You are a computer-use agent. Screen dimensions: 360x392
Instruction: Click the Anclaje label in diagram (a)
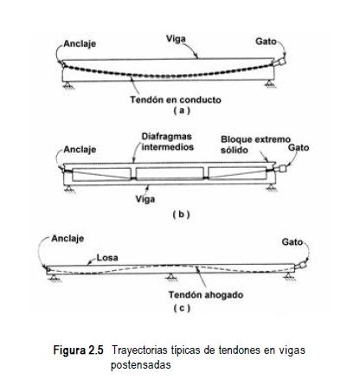point(80,44)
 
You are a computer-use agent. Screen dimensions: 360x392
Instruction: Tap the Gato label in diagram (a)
point(266,42)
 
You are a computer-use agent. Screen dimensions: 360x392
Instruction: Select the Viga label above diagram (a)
point(176,39)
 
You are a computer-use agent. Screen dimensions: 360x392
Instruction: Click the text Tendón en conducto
point(176,100)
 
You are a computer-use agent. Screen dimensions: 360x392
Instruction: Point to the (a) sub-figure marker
point(182,111)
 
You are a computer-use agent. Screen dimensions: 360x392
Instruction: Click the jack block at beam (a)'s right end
point(281,62)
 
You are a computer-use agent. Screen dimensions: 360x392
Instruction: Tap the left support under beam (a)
point(68,85)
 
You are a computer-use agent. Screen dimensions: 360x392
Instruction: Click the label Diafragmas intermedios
point(168,142)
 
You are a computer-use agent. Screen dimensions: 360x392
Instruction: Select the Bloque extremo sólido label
point(255,145)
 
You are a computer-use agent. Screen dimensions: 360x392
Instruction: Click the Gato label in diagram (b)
point(299,148)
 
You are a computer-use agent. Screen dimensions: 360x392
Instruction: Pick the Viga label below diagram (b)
point(145,199)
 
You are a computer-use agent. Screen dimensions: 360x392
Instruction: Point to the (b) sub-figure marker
point(181,215)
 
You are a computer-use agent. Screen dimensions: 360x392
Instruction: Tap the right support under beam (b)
point(271,189)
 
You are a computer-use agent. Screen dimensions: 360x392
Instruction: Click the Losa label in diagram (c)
point(107,258)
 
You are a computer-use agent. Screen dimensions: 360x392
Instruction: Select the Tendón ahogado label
point(206,295)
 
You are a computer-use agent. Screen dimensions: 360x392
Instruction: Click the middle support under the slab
point(171,278)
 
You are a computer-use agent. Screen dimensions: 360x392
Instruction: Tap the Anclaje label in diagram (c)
point(67,239)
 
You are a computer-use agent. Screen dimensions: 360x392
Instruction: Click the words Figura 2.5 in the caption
point(78,350)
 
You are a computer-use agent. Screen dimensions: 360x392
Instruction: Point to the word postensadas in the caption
point(141,365)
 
